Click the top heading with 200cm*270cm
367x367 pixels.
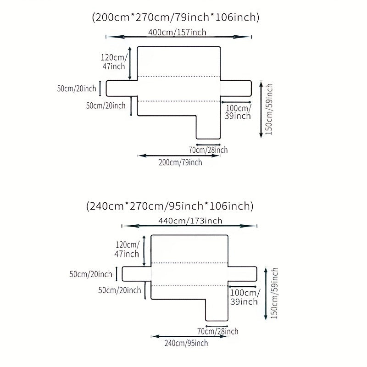coord(176,18)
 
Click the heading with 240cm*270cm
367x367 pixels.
coord(170,206)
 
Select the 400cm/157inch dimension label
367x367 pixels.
coord(178,32)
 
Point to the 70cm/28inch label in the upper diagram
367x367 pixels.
coord(208,150)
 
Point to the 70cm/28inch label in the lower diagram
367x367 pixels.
coord(217,331)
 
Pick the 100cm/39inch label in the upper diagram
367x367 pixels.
coord(238,112)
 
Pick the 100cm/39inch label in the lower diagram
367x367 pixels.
coord(244,297)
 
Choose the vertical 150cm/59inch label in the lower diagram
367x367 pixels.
coord(274,293)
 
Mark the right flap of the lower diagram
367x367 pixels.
coord(244,273)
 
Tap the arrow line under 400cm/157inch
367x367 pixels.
coord(179,37)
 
